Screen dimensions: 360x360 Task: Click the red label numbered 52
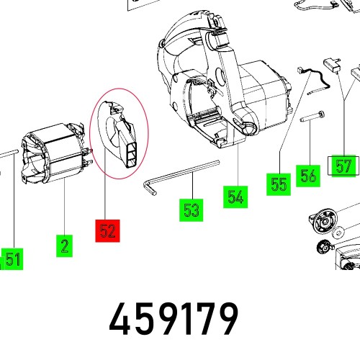pyautogui.click(x=108, y=231)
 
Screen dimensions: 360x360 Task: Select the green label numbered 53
pyautogui.click(x=191, y=210)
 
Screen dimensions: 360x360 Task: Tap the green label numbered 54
pyautogui.click(x=235, y=196)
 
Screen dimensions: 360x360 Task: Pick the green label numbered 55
pyautogui.click(x=279, y=184)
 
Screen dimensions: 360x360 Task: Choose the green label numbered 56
pyautogui.click(x=308, y=175)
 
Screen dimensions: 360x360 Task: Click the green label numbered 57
pyautogui.click(x=342, y=166)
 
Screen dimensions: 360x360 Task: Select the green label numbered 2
pyautogui.click(x=65, y=247)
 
